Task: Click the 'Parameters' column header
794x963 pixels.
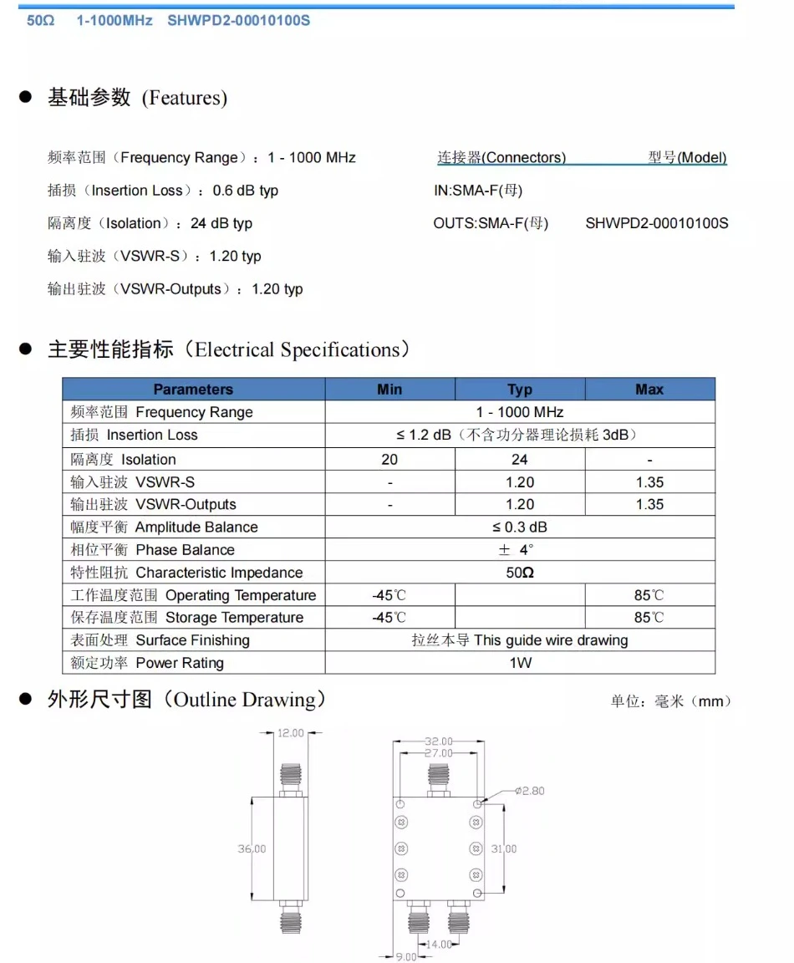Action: point(193,390)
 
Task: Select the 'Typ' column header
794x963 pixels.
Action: point(520,390)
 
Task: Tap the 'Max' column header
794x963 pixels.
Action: point(649,390)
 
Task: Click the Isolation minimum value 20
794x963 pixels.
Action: point(389,459)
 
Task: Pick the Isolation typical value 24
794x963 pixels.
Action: point(520,459)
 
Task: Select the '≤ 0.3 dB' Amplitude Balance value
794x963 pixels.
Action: point(520,527)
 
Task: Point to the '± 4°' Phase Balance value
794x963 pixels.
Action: point(517,550)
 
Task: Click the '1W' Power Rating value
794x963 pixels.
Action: point(520,663)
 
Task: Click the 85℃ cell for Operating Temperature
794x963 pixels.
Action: point(649,595)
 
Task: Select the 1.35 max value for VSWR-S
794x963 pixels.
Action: point(649,481)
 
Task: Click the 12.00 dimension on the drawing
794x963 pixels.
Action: point(290,733)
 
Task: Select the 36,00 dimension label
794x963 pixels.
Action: point(252,848)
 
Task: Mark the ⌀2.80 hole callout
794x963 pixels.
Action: point(530,791)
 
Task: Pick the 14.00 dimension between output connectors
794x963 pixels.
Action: point(440,944)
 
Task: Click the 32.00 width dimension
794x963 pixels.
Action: point(439,741)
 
